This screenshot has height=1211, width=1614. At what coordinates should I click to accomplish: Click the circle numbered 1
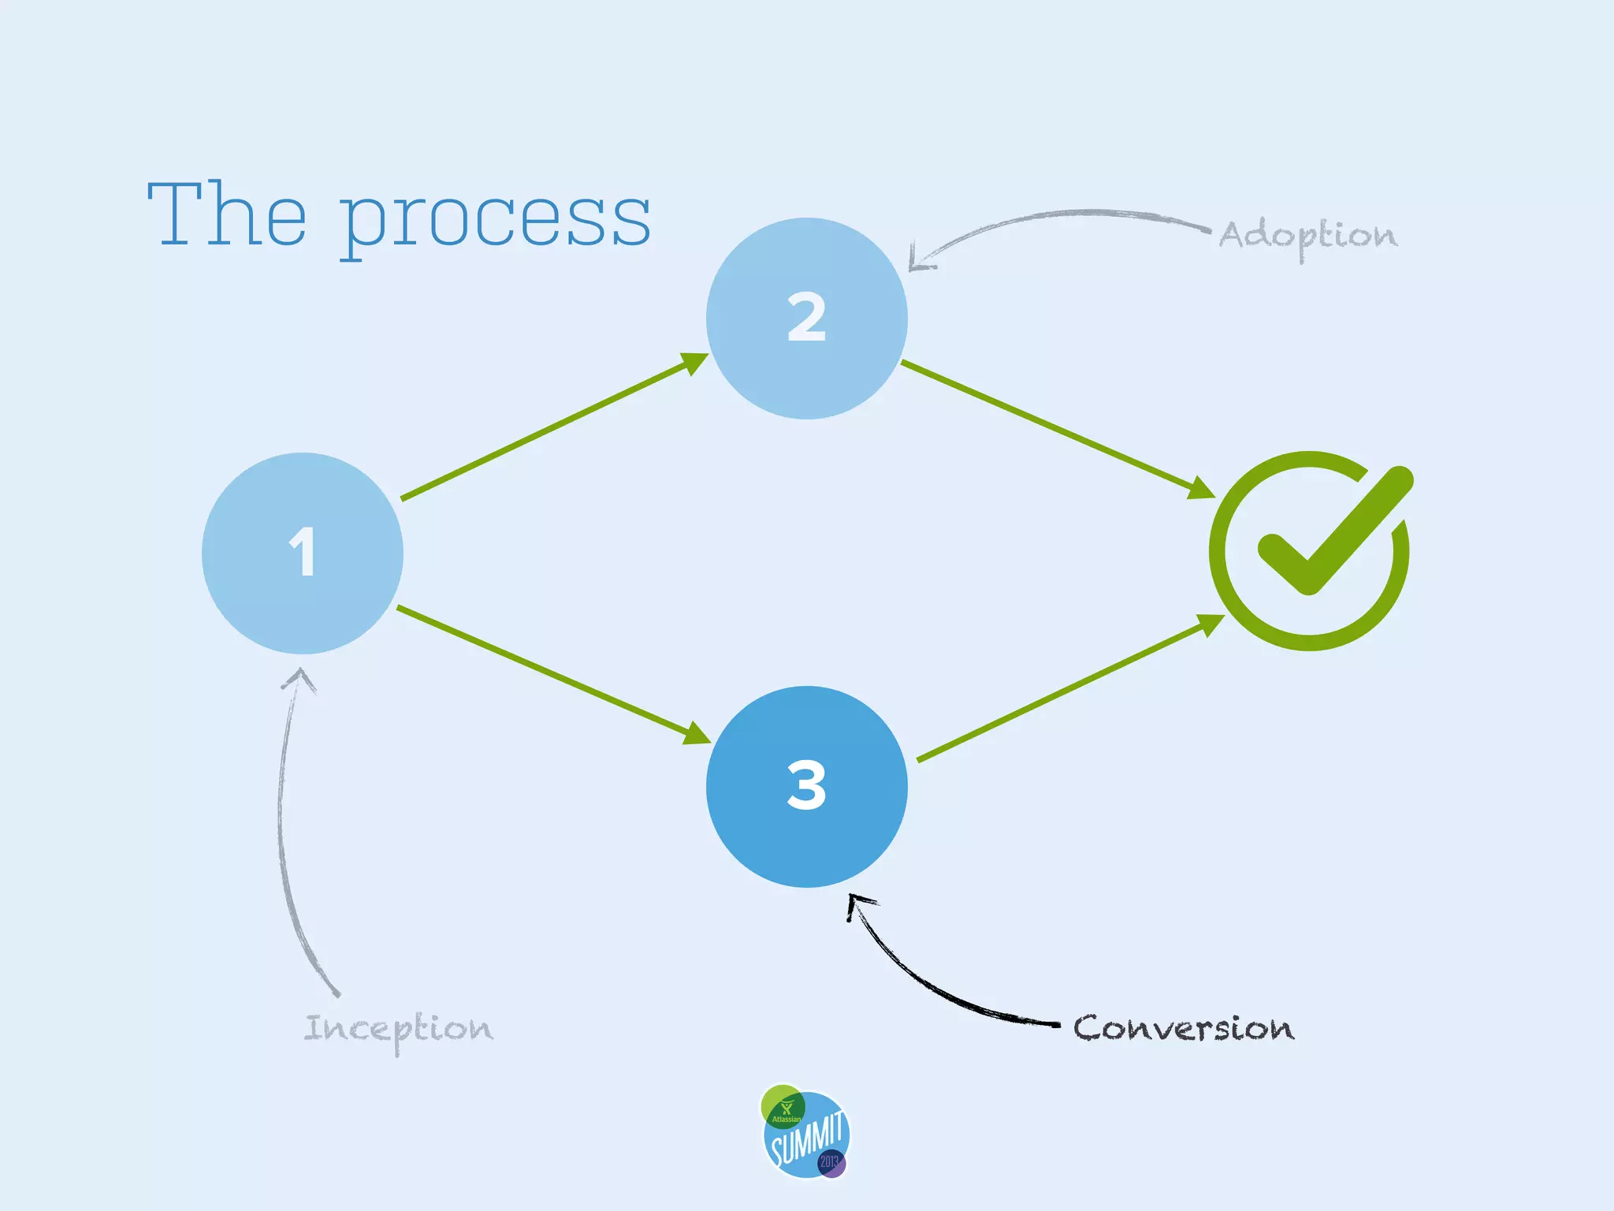(x=303, y=553)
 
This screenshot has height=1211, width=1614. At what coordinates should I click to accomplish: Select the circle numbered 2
(x=806, y=319)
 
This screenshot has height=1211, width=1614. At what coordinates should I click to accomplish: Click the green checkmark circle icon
(x=1310, y=550)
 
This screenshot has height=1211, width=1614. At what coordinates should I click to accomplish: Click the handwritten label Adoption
(x=1308, y=236)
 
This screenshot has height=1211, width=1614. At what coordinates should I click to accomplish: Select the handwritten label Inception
(x=398, y=1030)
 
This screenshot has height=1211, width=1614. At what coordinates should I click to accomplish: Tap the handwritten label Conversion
(x=1183, y=1028)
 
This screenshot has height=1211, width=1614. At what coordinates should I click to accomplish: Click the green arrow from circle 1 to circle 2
(x=552, y=428)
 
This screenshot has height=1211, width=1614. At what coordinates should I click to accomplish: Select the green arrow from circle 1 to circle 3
(x=552, y=674)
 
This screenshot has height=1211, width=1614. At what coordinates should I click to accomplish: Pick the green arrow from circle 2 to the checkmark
(x=1056, y=429)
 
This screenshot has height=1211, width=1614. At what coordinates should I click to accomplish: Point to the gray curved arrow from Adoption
(x=1056, y=217)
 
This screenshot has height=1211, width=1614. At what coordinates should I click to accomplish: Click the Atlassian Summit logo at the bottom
(x=805, y=1132)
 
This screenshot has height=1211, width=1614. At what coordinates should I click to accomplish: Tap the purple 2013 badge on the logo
(x=831, y=1162)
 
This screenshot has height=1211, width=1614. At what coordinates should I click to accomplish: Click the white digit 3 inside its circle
(x=806, y=785)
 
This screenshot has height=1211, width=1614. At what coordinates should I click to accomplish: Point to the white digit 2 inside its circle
(x=806, y=317)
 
